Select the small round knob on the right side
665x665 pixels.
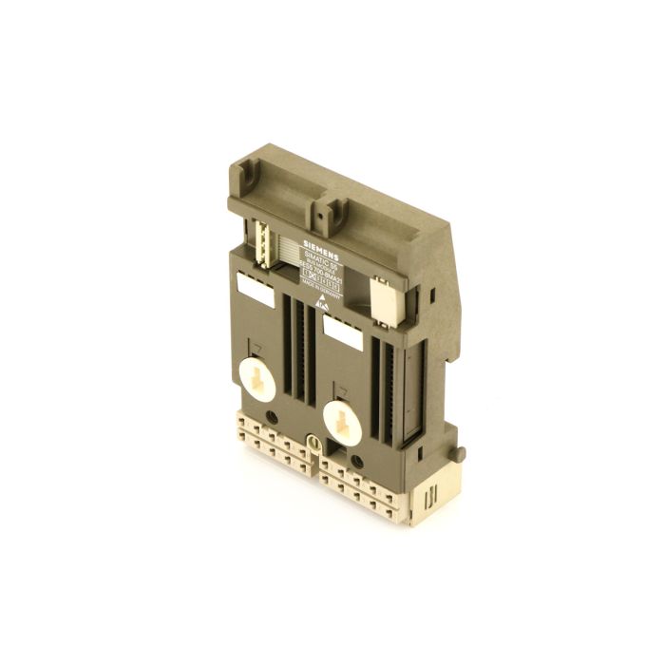[x=462, y=452]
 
